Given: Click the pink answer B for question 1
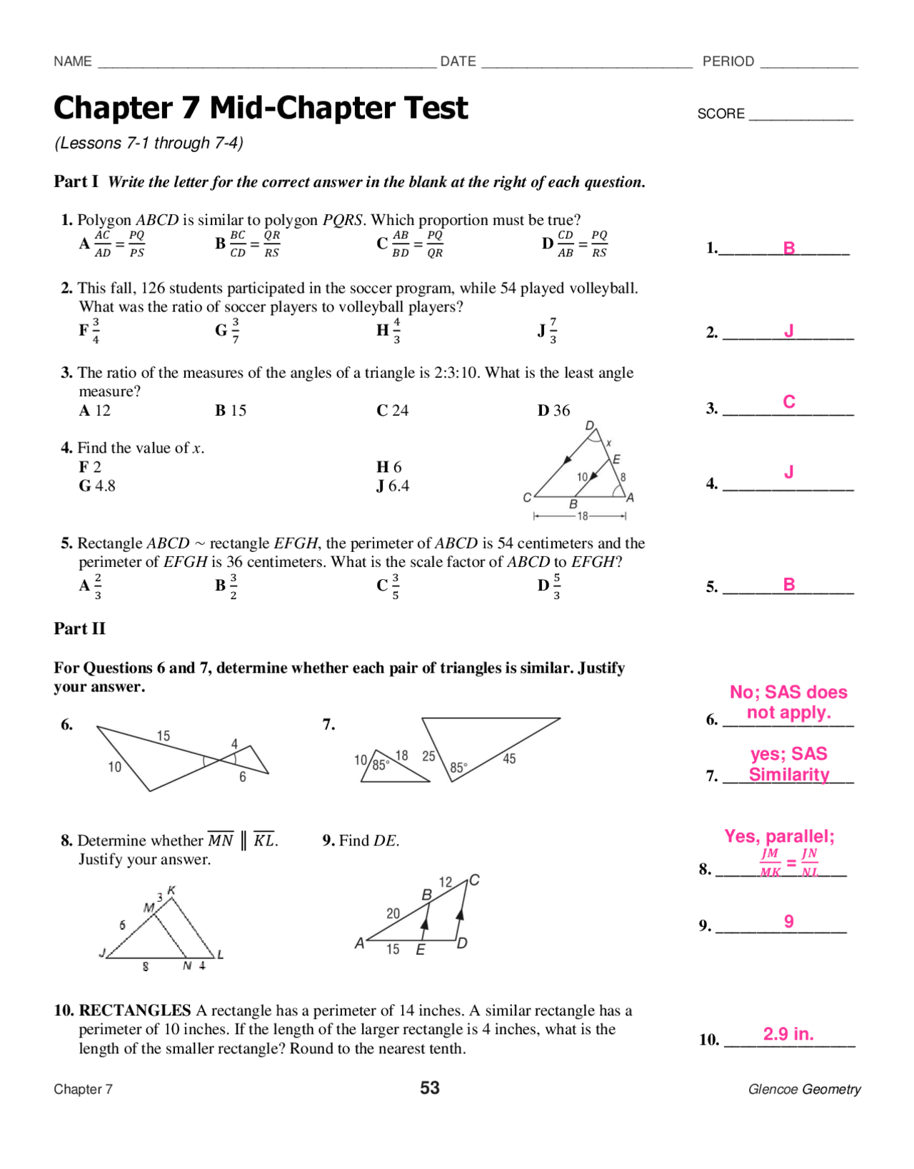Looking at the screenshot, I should [x=788, y=248].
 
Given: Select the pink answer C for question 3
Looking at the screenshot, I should [x=788, y=401].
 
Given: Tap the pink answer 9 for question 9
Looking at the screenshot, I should [x=788, y=921].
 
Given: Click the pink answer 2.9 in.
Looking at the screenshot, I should [x=788, y=1033].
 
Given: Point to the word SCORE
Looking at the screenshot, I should [x=720, y=114].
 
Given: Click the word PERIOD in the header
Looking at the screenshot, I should [x=728, y=61].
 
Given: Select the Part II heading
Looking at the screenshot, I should [x=79, y=628].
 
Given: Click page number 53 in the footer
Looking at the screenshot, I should [x=429, y=1088].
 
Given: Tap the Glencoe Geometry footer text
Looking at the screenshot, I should [x=804, y=1089].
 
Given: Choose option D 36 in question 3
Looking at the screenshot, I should [x=553, y=411].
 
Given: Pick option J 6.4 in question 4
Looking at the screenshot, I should [x=393, y=486].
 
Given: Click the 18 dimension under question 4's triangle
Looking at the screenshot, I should [x=582, y=516].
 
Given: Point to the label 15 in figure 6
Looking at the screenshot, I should [x=164, y=736].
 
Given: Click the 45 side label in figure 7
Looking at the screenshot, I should [x=508, y=758].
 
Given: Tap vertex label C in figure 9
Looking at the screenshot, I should [x=474, y=880].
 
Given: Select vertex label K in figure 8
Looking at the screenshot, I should [x=171, y=890].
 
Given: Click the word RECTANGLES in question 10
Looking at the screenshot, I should [x=134, y=1010].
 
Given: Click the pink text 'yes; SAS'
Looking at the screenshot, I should [x=788, y=753].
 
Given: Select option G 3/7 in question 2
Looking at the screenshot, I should [x=227, y=330].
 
